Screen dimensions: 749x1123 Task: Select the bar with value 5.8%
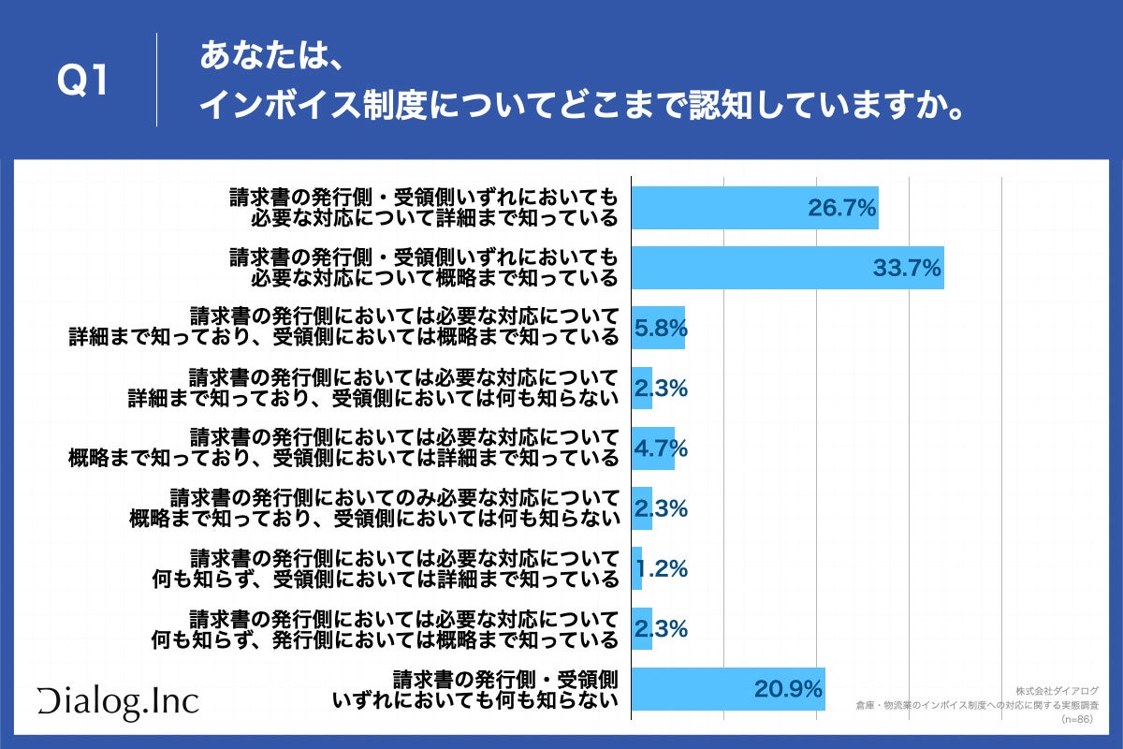[x=658, y=328]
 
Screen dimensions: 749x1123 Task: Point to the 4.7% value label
[x=661, y=448]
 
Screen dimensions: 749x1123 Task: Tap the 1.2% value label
[x=663, y=568]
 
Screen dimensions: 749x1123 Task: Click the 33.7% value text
[x=906, y=269]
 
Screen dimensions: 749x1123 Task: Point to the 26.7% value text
[x=841, y=208]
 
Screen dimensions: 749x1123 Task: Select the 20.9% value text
[x=788, y=690]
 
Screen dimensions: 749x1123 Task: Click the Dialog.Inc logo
[x=118, y=701]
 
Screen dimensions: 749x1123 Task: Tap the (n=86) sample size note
[x=1075, y=719]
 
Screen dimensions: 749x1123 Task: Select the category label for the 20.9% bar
[x=477, y=689]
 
